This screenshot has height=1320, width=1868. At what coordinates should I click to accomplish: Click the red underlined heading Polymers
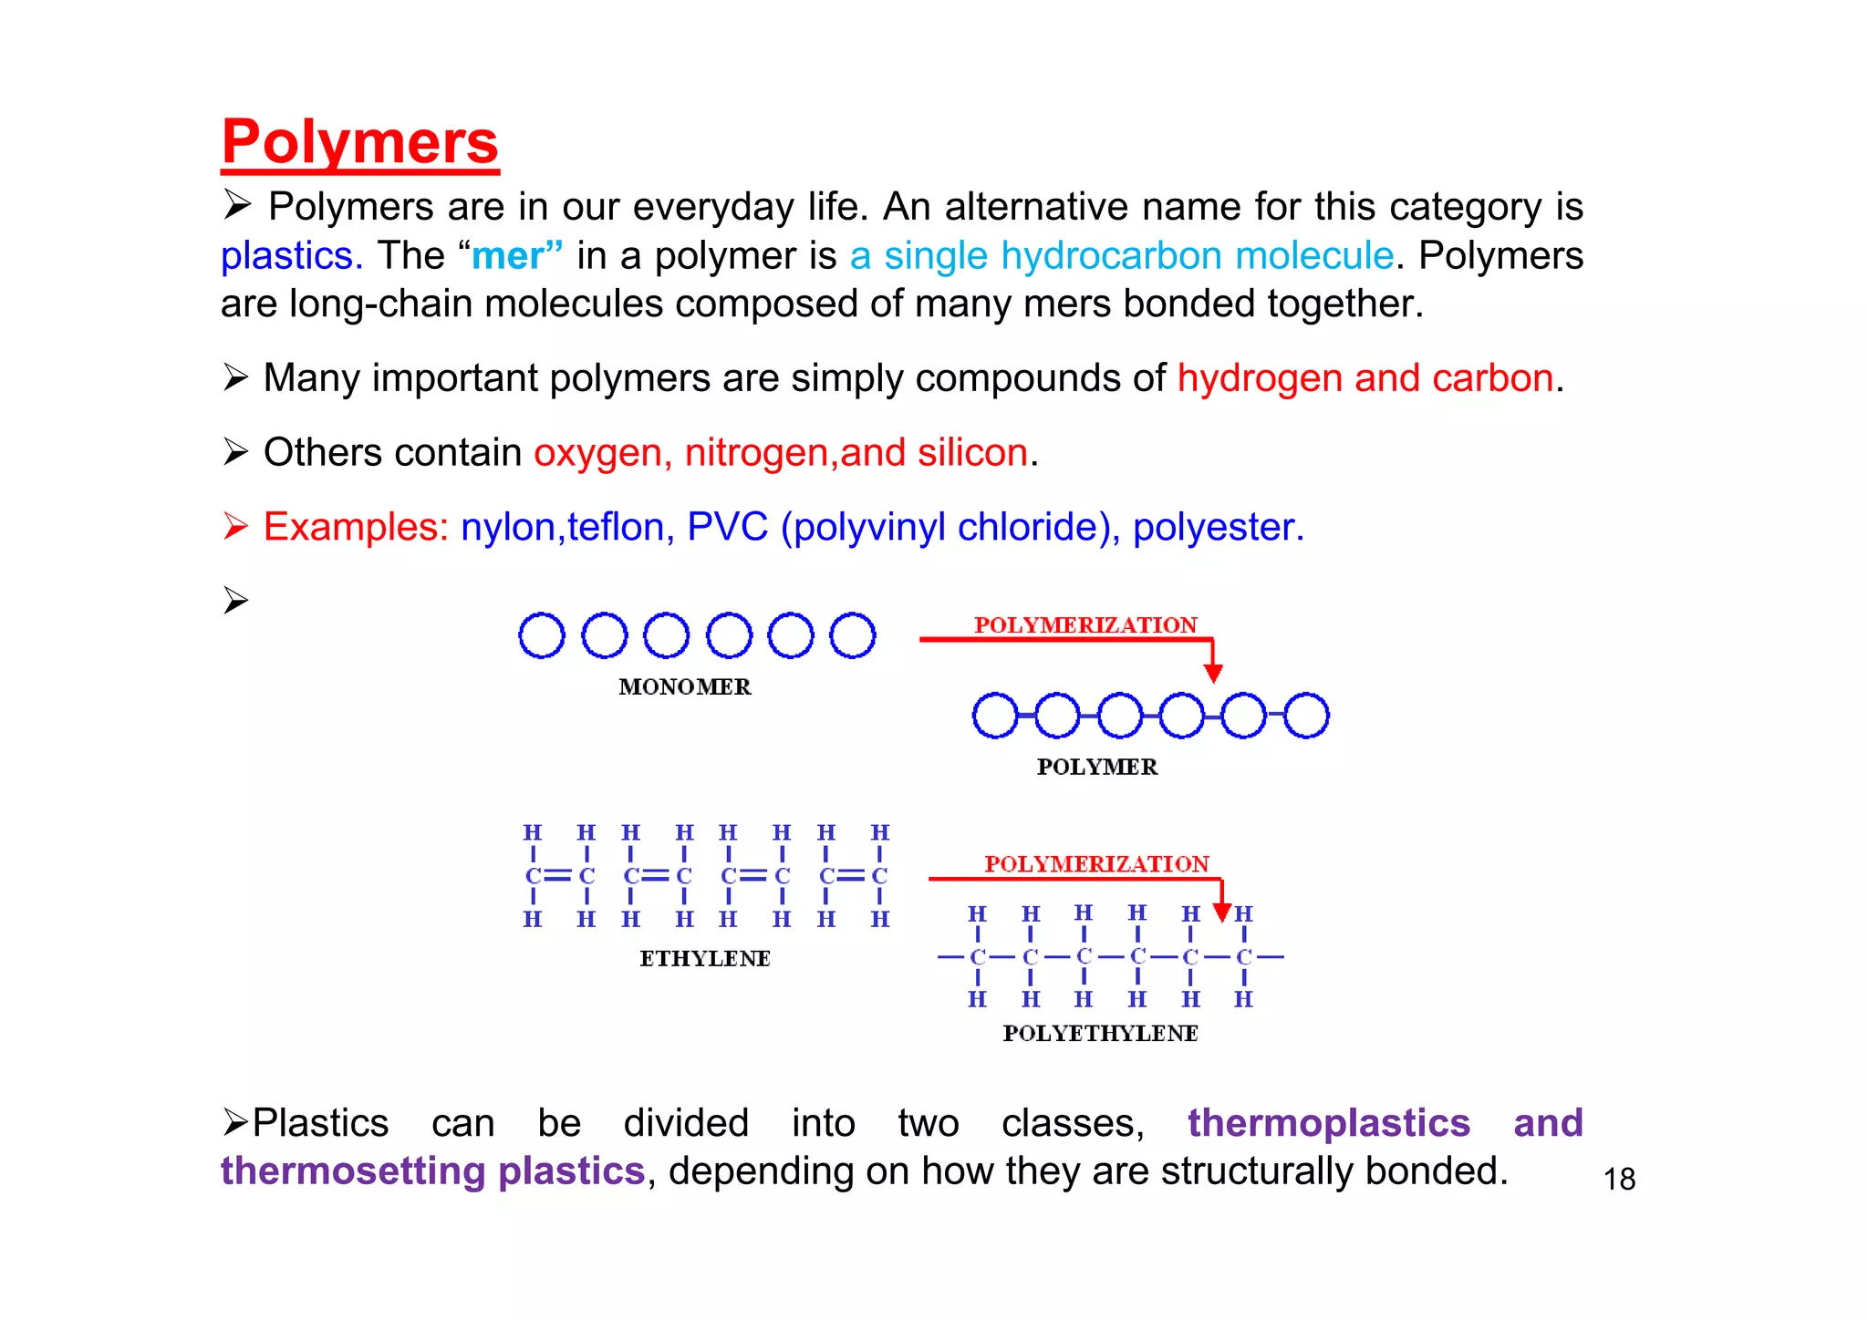click(359, 142)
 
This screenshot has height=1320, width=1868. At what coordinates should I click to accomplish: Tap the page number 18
click(1619, 1180)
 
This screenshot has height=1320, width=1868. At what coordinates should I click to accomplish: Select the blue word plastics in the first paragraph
click(290, 256)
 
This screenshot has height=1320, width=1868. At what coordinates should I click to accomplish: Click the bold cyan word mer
click(507, 256)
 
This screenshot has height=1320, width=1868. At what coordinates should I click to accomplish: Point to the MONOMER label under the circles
click(685, 687)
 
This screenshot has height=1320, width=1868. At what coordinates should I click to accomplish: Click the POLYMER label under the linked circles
click(1097, 768)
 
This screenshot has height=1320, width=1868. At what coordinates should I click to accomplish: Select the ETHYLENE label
click(705, 959)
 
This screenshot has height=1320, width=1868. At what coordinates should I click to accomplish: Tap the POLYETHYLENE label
click(1100, 1034)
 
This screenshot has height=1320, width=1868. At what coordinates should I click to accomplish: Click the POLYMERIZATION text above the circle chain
click(1085, 625)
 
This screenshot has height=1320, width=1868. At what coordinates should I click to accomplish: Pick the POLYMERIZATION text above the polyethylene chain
click(1096, 864)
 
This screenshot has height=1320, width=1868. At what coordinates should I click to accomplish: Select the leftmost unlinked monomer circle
click(542, 635)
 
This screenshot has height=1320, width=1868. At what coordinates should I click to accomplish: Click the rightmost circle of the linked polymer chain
click(1306, 716)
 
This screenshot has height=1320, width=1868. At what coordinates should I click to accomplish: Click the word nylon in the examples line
click(508, 528)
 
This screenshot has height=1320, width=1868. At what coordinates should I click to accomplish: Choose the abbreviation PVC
click(727, 528)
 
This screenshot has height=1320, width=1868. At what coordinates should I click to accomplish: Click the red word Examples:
click(356, 528)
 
